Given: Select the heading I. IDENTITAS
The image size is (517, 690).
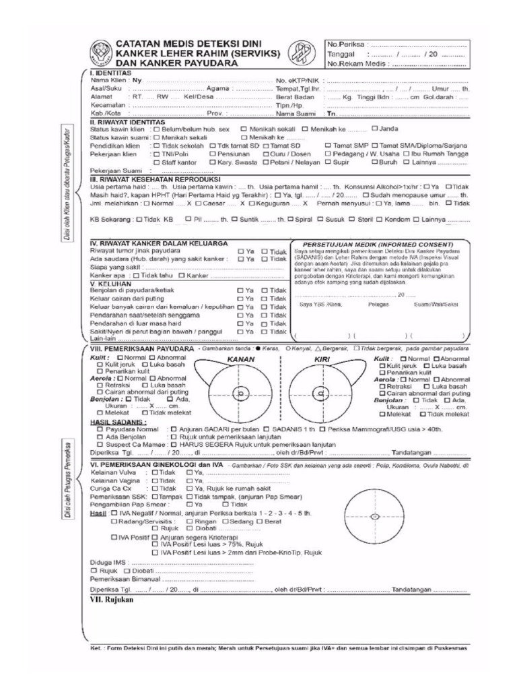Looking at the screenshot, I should point(110,72).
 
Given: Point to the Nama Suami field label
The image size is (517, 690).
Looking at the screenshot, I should point(297,113).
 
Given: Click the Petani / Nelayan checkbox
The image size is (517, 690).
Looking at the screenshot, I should point(266,162).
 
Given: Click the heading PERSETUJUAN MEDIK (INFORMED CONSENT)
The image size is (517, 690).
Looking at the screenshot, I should point(378,244).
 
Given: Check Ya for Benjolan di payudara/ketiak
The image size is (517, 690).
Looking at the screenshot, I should point(240,290).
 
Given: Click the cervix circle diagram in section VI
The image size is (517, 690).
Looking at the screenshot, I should point(374,517).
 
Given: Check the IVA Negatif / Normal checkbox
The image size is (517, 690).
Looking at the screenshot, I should point(106,513).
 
